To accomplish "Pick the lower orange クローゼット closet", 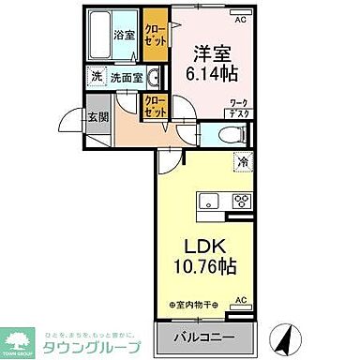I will pos(155,107).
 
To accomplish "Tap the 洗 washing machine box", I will pos(97,78).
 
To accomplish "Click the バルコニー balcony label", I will pos(204,337).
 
